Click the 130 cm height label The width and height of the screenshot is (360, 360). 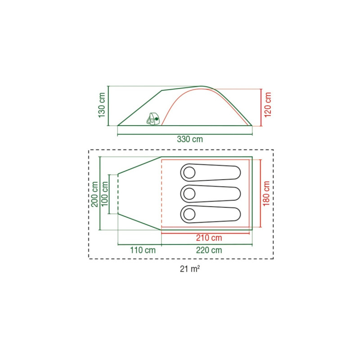pos(102,105)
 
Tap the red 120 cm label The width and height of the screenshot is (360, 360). pos(268,105)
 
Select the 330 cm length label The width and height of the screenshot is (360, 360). pos(190,139)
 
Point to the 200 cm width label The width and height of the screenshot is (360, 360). pos(94,194)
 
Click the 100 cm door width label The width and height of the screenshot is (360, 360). pos(104,194)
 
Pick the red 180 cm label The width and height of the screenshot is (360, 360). pos(266,193)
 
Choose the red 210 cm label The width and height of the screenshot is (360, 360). pos(209,238)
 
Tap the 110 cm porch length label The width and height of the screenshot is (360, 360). pos(143,250)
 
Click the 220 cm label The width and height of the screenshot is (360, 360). pos(209,250)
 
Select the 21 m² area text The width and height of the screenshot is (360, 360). pos(189,269)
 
